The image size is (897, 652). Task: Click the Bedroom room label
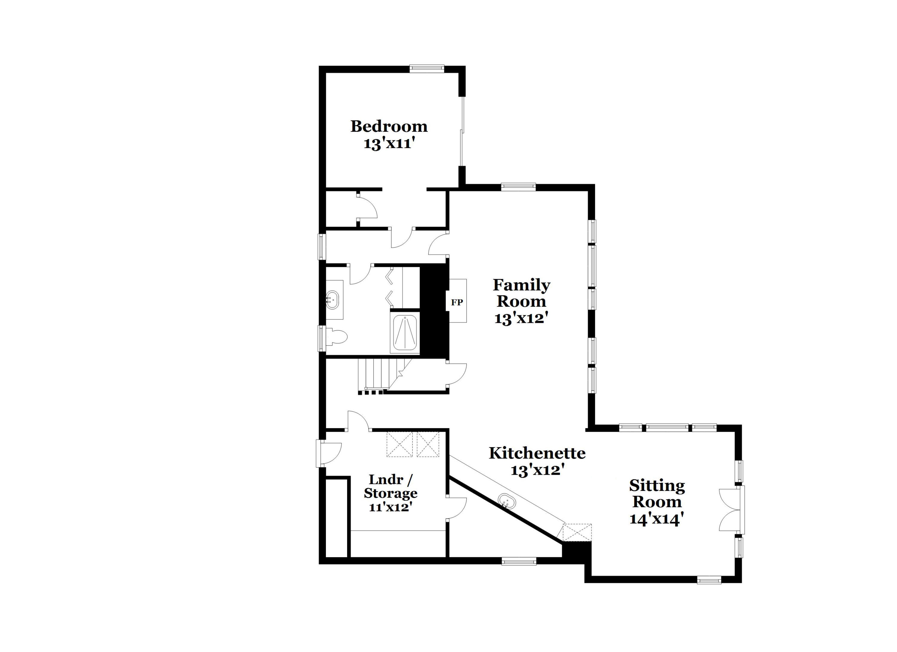(389, 126)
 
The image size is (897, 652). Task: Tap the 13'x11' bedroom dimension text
(389, 143)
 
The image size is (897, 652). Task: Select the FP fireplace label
(457, 303)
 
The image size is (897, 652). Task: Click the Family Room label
(521, 293)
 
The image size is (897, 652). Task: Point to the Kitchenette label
(537, 453)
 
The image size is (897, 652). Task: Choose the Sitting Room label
(657, 494)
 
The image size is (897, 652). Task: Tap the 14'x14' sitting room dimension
(657, 518)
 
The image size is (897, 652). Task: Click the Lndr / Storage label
(390, 486)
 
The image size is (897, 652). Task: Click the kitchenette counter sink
(506, 501)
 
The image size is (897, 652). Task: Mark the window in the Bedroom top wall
(426, 69)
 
